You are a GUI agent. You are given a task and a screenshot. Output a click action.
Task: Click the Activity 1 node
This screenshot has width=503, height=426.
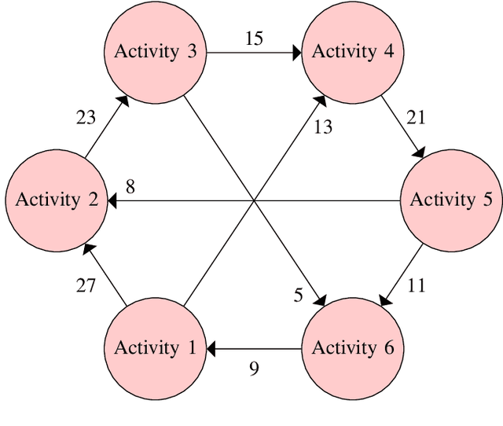coord(156,347)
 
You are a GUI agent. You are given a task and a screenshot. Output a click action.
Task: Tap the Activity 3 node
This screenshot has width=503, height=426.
coord(156,52)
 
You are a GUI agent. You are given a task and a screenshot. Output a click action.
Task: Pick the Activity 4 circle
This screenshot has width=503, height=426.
coord(353,52)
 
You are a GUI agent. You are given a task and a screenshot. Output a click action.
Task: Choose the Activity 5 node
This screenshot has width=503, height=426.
coord(452,200)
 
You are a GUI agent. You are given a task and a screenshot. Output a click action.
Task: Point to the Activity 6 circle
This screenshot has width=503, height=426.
coord(353,347)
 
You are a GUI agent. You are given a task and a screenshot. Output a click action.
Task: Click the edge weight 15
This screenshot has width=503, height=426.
coord(254,38)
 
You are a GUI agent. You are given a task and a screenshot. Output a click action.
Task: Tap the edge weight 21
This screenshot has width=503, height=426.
coord(416,117)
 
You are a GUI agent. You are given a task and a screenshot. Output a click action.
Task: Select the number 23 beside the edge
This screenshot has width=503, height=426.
coord(86,118)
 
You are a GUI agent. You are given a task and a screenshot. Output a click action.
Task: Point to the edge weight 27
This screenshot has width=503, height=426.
coord(86,285)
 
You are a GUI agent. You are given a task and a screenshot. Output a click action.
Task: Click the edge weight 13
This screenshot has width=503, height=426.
coord(323,127)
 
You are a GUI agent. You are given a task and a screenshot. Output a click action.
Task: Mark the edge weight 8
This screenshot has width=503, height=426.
coord(130,186)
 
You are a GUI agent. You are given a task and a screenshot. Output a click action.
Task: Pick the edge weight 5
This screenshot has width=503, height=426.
coord(298,295)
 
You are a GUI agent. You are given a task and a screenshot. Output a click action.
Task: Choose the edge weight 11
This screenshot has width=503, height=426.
coord(416,285)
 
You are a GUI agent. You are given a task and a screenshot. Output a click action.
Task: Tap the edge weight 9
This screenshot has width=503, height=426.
coord(254,368)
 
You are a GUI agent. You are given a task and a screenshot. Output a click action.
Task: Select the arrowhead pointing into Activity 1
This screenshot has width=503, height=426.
coord(211,347)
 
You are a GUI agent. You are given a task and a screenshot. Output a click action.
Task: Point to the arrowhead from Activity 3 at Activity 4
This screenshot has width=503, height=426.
coord(298,53)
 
